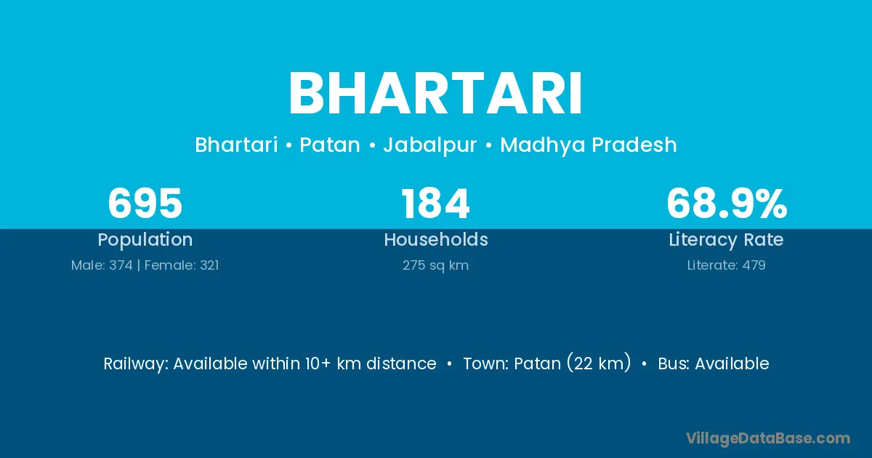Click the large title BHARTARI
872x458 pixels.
(435, 94)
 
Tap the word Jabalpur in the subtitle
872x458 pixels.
(430, 145)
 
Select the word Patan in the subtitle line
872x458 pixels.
(330, 145)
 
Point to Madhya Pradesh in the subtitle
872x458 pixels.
(588, 145)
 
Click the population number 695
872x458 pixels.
(145, 204)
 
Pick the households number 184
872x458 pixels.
(435, 204)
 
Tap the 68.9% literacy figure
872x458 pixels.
(727, 204)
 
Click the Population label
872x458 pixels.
(145, 240)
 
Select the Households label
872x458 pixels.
(436, 239)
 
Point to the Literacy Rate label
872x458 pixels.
(726, 240)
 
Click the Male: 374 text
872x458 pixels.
(102, 265)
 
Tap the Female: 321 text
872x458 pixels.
(182, 265)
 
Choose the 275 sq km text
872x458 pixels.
(435, 265)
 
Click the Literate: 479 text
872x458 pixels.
(727, 265)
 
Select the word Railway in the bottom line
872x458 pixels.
(134, 364)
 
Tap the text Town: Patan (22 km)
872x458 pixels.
(547, 363)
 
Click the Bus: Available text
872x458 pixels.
(714, 363)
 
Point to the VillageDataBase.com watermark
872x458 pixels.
(768, 438)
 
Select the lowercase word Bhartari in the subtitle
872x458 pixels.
(236, 145)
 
